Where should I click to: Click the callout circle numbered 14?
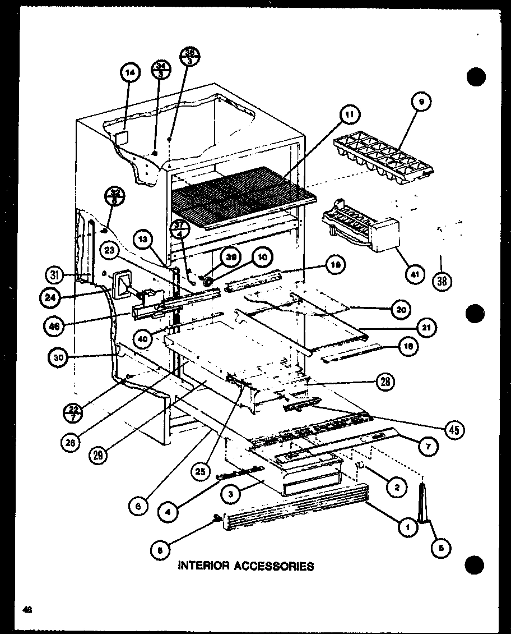coord(130,73)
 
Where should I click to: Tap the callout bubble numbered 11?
coord(349,116)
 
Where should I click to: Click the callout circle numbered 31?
coord(55,274)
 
